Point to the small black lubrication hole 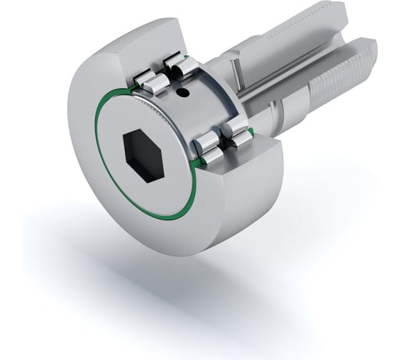click(x=184, y=92)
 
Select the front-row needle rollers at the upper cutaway click(x=154, y=77)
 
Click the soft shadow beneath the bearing click(x=179, y=286)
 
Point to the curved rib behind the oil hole click(x=207, y=93)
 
